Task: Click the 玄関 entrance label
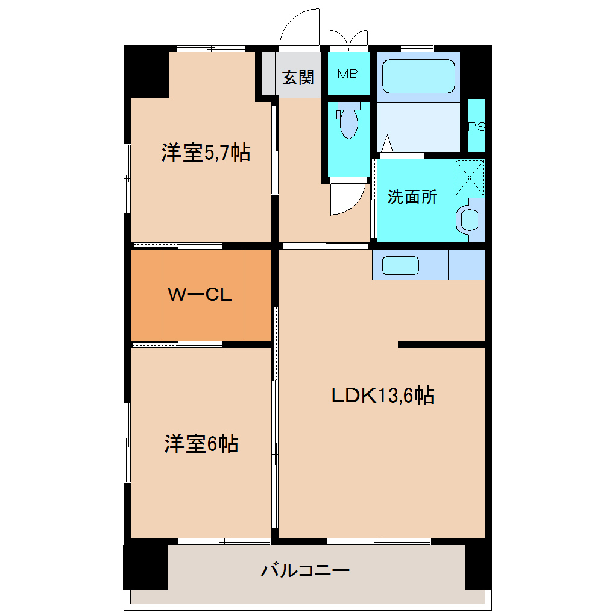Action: [298, 77]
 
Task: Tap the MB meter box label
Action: [348, 74]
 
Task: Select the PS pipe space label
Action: [476, 127]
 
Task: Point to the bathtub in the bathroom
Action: [418, 76]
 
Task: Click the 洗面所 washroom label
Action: [412, 197]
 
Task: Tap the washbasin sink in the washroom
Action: [468, 219]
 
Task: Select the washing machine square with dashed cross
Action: [470, 177]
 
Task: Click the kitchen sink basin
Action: [400, 265]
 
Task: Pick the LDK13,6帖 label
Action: [382, 396]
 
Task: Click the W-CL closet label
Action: [200, 295]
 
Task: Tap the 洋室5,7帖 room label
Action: [206, 153]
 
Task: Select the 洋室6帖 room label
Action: [201, 444]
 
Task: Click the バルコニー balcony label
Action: [305, 570]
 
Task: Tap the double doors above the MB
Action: [348, 38]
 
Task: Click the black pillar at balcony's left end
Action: [145, 566]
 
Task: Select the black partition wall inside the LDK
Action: [441, 344]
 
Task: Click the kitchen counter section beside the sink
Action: [466, 265]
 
